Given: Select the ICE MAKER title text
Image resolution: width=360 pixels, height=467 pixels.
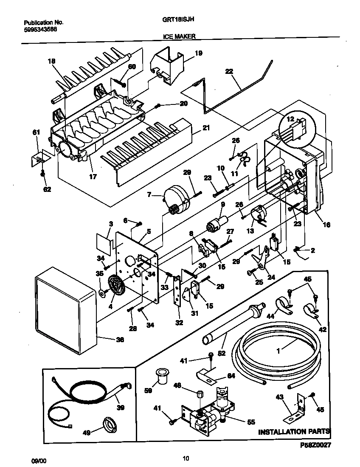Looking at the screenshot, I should (x=179, y=37).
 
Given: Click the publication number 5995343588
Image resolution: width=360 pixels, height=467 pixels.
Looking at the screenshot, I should (x=40, y=29).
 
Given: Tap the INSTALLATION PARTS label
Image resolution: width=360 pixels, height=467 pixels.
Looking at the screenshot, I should (x=294, y=432).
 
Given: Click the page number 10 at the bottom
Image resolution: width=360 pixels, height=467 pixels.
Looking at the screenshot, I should (x=186, y=458).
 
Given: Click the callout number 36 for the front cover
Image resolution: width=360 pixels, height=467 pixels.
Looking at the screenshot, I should (x=120, y=339).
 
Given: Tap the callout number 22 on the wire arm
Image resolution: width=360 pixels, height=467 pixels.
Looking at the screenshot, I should (x=229, y=72).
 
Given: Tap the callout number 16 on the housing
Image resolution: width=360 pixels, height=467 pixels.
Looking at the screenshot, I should (x=326, y=225).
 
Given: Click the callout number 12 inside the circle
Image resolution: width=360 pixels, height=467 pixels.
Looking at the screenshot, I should (x=290, y=119).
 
